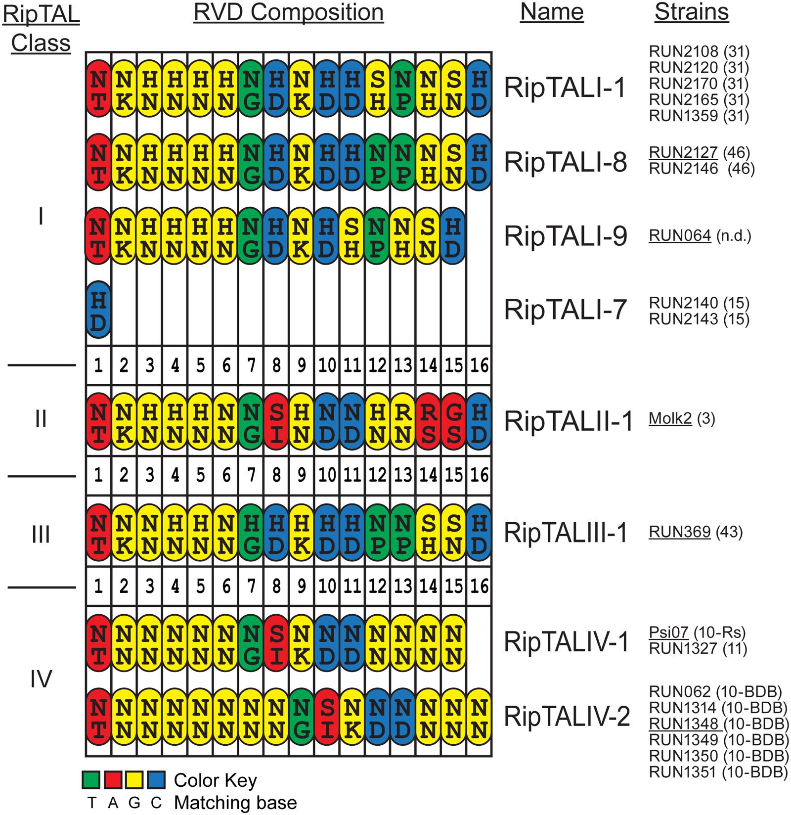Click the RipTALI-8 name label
pyautogui.click(x=565, y=162)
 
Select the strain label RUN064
pyautogui.click(x=679, y=236)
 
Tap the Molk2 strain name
pyautogui.click(x=670, y=419)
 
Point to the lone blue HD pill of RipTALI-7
pyautogui.click(x=98, y=310)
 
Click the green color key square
pyautogui.click(x=91, y=780)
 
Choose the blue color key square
pyautogui.click(x=156, y=780)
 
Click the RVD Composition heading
pyautogui.click(x=288, y=13)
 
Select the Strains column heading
pyautogui.click(x=691, y=13)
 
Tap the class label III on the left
pyautogui.click(x=41, y=535)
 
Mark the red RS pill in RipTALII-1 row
pyautogui.click(x=428, y=421)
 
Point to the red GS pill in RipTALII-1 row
pyautogui.click(x=453, y=421)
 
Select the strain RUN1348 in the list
pyautogui.click(x=683, y=724)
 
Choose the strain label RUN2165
pyautogui.click(x=683, y=100)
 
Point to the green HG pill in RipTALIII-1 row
pyautogui.click(x=251, y=533)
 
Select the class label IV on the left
pyautogui.click(x=41, y=679)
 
